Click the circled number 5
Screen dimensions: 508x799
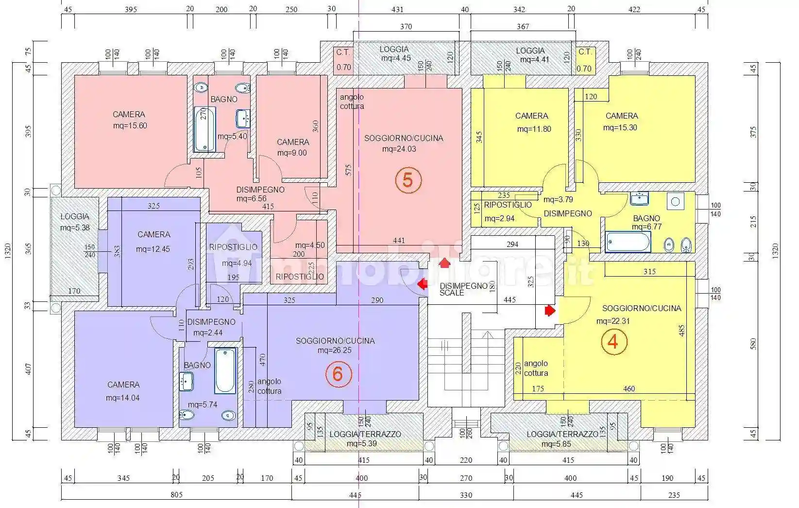[x=408, y=180]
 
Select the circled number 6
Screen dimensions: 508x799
[x=338, y=374]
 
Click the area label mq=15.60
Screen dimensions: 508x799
[x=129, y=125]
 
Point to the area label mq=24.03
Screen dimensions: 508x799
[x=399, y=149]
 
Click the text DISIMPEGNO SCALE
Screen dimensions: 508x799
[x=463, y=289]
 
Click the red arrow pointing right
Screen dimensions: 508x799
[x=549, y=310]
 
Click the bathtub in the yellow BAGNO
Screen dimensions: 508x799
[x=628, y=242]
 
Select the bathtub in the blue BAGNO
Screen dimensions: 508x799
[x=225, y=370]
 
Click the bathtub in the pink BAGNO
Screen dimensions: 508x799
[x=204, y=129]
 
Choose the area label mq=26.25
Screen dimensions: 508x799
[x=335, y=350]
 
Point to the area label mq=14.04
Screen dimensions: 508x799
[x=123, y=398]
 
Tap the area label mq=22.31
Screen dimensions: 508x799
[x=613, y=321]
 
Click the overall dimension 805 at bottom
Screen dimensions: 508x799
[x=176, y=495]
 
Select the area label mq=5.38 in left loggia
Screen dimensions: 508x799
[x=75, y=227]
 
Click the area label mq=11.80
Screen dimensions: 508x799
[x=534, y=129]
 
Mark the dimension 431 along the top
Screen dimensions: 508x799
[x=397, y=10]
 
